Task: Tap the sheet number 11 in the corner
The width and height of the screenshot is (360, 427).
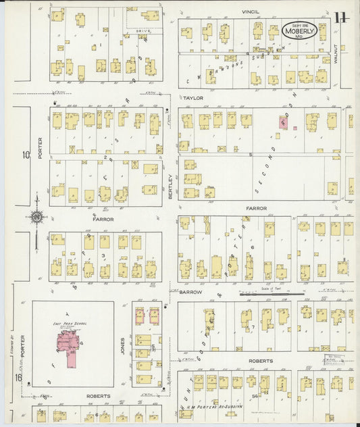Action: tap(340, 17)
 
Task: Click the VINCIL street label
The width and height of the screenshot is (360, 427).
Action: tap(252, 12)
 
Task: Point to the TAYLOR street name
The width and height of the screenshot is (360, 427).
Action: tap(192, 97)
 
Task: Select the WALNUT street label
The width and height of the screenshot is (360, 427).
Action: tap(335, 54)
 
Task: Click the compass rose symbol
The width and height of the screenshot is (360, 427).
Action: tap(38, 218)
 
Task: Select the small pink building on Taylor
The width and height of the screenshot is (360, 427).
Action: tap(283, 123)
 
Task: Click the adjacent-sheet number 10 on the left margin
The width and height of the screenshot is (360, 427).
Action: tap(26, 155)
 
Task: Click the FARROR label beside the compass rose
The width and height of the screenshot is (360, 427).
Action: tap(103, 220)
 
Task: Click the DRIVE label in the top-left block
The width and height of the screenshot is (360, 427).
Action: tap(143, 31)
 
